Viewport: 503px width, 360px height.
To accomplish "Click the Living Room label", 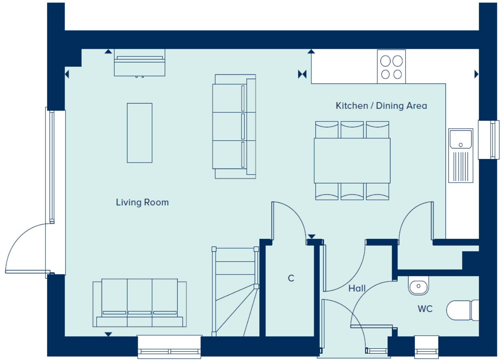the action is click(x=142, y=203).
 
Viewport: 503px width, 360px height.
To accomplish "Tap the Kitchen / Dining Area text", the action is click(x=381, y=106).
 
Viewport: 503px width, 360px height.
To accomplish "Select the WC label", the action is click(x=425, y=309).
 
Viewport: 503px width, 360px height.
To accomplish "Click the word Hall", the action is click(x=357, y=288).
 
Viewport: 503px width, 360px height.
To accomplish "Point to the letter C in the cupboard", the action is click(x=291, y=278).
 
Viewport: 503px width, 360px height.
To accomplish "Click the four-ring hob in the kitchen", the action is click(x=391, y=67).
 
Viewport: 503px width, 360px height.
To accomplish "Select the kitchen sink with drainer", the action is click(x=461, y=155).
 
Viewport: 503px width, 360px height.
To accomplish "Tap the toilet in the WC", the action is click(x=463, y=310).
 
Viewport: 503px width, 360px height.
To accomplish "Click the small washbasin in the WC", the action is click(x=418, y=286).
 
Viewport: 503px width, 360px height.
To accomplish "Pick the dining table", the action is click(x=352, y=161).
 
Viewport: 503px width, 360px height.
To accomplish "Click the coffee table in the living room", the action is click(x=140, y=133).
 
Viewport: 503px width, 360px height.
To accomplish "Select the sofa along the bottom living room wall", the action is click(x=140, y=303).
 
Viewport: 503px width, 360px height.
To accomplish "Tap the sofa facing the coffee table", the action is click(x=234, y=127).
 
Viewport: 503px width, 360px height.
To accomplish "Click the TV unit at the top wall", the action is click(x=140, y=63).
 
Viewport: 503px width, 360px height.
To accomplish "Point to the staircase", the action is click(x=236, y=292).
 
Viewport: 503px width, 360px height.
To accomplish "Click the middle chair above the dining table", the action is click(x=352, y=130).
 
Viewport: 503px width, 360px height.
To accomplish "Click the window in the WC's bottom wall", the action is click(x=426, y=347).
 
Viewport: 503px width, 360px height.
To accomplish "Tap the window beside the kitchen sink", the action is click(x=489, y=140).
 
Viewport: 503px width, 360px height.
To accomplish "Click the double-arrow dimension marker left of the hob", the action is click(x=302, y=74).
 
